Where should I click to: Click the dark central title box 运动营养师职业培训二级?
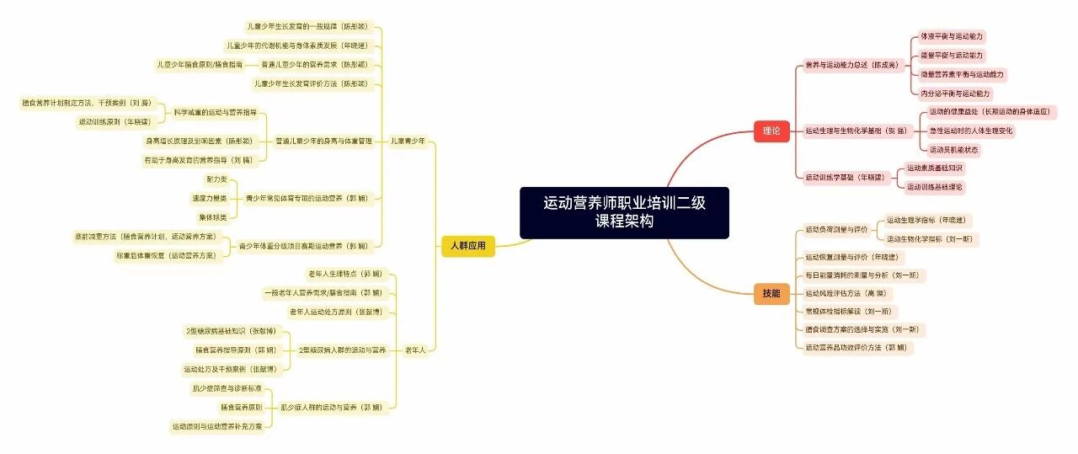624,212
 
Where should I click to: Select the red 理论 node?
771,131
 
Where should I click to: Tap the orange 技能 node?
771,293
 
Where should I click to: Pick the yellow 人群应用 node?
468,247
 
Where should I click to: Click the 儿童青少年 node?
408,141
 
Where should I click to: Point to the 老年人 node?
414,350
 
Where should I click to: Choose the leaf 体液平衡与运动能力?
952,37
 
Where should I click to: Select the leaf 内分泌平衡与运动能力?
955,93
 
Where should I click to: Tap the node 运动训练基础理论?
935,187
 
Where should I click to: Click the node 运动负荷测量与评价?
835,229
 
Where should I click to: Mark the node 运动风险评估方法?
845,293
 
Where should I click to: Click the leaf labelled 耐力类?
216,179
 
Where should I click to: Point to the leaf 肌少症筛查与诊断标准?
227,388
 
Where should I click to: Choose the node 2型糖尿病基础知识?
230,331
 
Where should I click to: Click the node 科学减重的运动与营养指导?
215,112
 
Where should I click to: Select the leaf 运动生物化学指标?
932,239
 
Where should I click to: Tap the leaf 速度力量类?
210,199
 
